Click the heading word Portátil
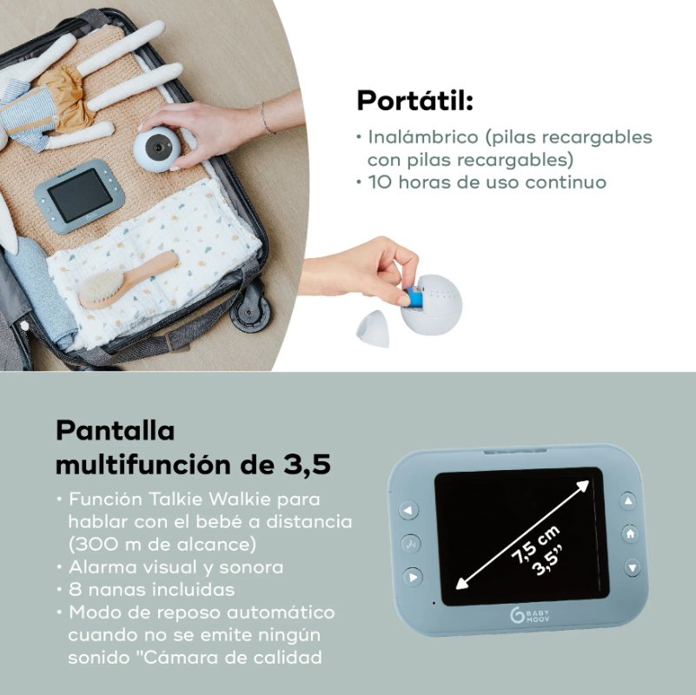click(x=415, y=100)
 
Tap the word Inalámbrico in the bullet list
click(x=423, y=136)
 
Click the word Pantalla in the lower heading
click(x=115, y=430)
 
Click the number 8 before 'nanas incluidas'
click(x=75, y=590)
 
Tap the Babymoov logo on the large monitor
click(x=529, y=616)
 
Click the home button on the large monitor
click(x=630, y=534)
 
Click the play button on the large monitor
click(x=413, y=577)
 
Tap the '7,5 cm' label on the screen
click(x=535, y=544)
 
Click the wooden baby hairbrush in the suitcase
click(x=129, y=280)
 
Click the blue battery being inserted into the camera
click(x=414, y=296)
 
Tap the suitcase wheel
click(x=250, y=311)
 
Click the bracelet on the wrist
click(x=264, y=117)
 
